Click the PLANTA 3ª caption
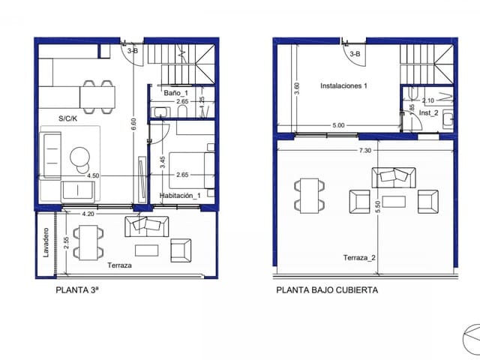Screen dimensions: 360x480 [x=78, y=289]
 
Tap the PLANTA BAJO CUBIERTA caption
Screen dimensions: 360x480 [x=327, y=289]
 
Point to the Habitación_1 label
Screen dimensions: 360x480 [x=181, y=196]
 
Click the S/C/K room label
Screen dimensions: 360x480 [x=70, y=118]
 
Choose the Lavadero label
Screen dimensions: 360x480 [x=46, y=243]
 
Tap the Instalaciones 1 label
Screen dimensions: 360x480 [x=344, y=86]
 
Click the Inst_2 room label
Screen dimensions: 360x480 [x=428, y=112]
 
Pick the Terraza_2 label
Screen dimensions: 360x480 [x=359, y=257]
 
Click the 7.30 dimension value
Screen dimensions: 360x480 [x=365, y=150]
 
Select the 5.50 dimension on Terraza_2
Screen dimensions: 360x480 [x=378, y=208]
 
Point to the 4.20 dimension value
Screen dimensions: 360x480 [x=88, y=213]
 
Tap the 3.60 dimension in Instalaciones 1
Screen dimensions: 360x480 [x=297, y=87]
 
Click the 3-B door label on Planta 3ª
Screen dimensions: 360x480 [x=133, y=51]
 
